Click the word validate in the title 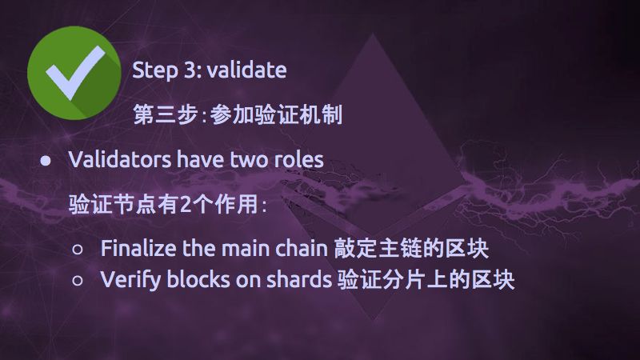pyautogui.click(x=246, y=70)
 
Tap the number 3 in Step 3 pyautogui.click(x=190, y=70)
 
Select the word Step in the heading pyautogui.click(x=155, y=71)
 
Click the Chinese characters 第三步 pyautogui.click(x=166, y=114)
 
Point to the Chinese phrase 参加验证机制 pyautogui.click(x=276, y=114)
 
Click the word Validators pyautogui.click(x=120, y=159)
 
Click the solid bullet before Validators pyautogui.click(x=46, y=161)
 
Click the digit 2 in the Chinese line pyautogui.click(x=186, y=204)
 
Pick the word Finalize pyautogui.click(x=138, y=248)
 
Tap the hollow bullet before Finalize pyautogui.click(x=78, y=249)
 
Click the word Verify pyautogui.click(x=130, y=281)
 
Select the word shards pyautogui.click(x=299, y=280)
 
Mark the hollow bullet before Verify pyautogui.click(x=78, y=281)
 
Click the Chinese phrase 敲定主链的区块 pyautogui.click(x=411, y=248)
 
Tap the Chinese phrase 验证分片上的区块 pyautogui.click(x=426, y=280)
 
